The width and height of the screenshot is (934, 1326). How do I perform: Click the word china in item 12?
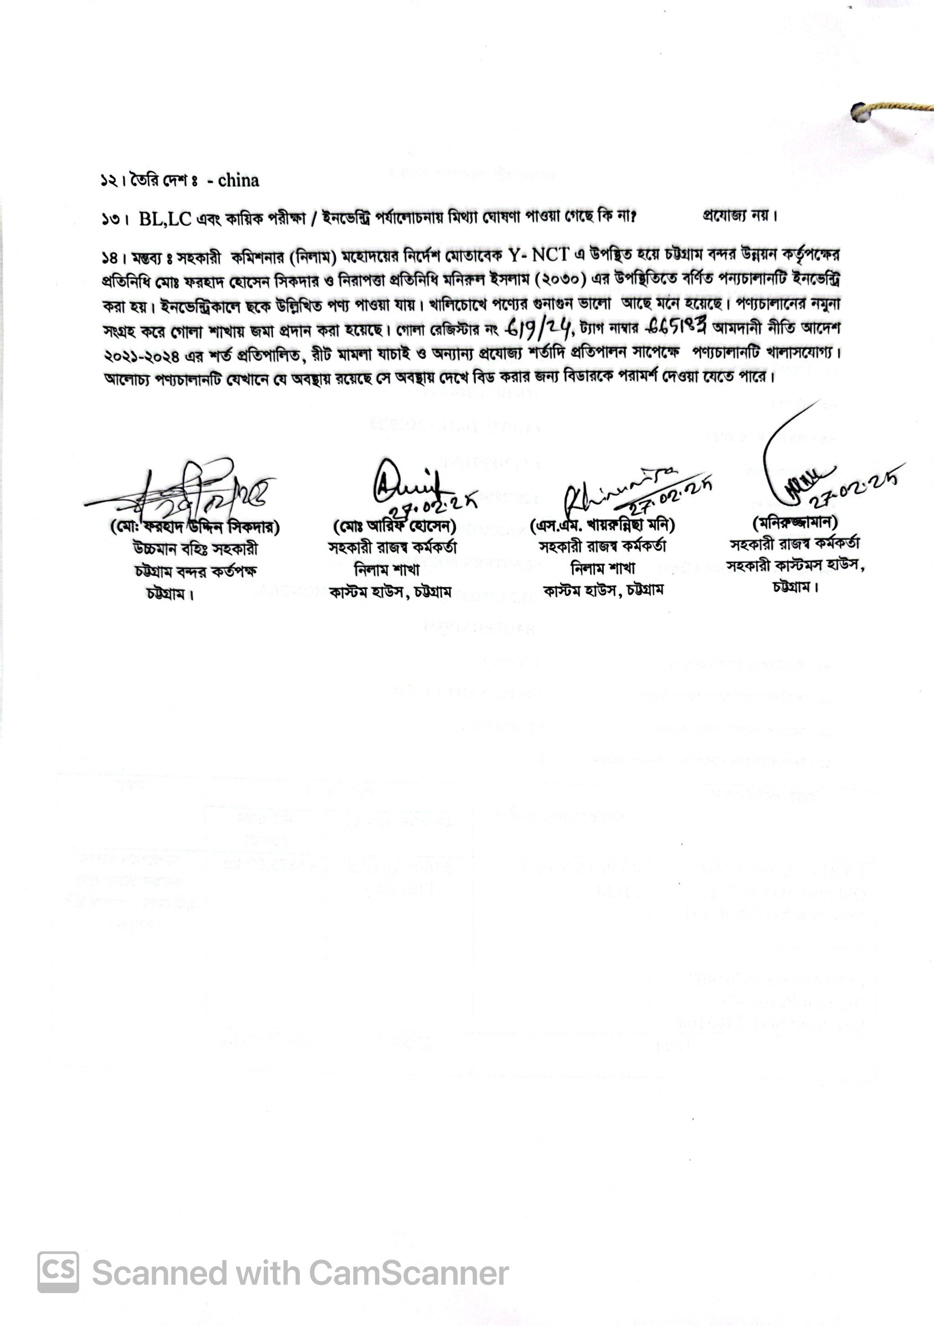pyautogui.click(x=238, y=181)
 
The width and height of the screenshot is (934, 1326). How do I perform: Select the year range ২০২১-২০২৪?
pyautogui.click(x=142, y=354)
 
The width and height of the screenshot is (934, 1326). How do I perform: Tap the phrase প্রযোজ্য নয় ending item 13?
pyautogui.click(x=740, y=216)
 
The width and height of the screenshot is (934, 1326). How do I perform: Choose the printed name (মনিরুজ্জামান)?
pyautogui.click(x=795, y=522)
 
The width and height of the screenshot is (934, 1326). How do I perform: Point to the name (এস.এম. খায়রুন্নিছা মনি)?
pyautogui.click(x=602, y=525)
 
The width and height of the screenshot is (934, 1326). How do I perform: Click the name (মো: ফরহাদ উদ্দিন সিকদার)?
pyautogui.click(x=195, y=527)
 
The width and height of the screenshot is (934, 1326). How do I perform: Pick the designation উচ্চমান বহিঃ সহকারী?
pyautogui.click(x=196, y=549)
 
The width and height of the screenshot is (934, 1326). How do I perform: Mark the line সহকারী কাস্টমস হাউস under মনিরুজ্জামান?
pyautogui.click(x=795, y=566)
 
